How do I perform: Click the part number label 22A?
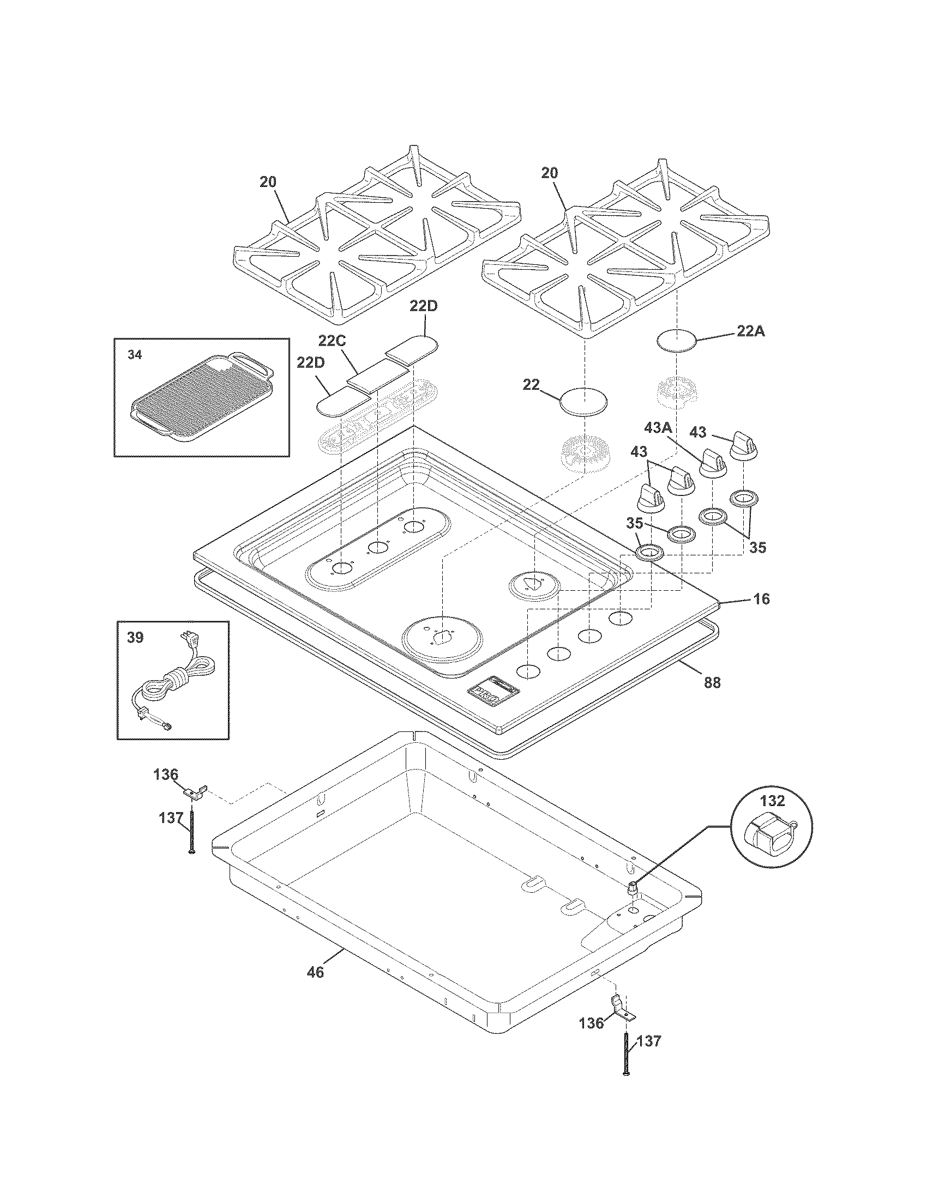750,331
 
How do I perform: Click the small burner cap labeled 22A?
677,341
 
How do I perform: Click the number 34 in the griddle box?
135,355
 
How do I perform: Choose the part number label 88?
712,682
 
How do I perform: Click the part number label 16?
761,599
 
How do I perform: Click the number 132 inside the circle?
773,801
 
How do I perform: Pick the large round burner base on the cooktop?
443,639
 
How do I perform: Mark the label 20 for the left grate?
268,182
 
